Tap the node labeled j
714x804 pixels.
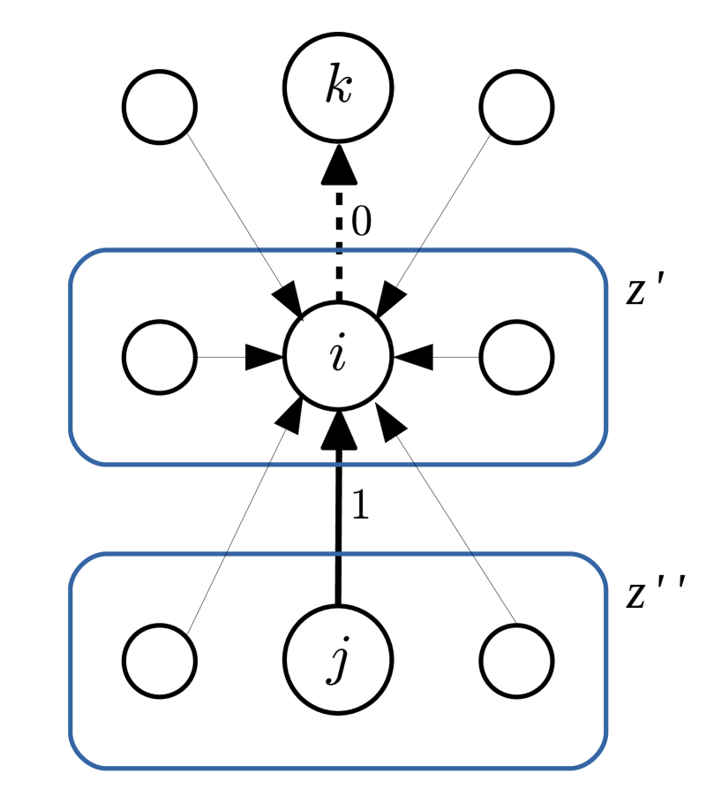click(337, 661)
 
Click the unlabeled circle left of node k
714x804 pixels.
click(160, 108)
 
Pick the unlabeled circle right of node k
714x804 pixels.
click(517, 108)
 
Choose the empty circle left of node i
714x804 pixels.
click(160, 358)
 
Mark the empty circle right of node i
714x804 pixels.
click(517, 358)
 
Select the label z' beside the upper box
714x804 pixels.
click(645, 292)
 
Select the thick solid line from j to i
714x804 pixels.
click(337, 530)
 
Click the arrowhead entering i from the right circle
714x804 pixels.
click(413, 358)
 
